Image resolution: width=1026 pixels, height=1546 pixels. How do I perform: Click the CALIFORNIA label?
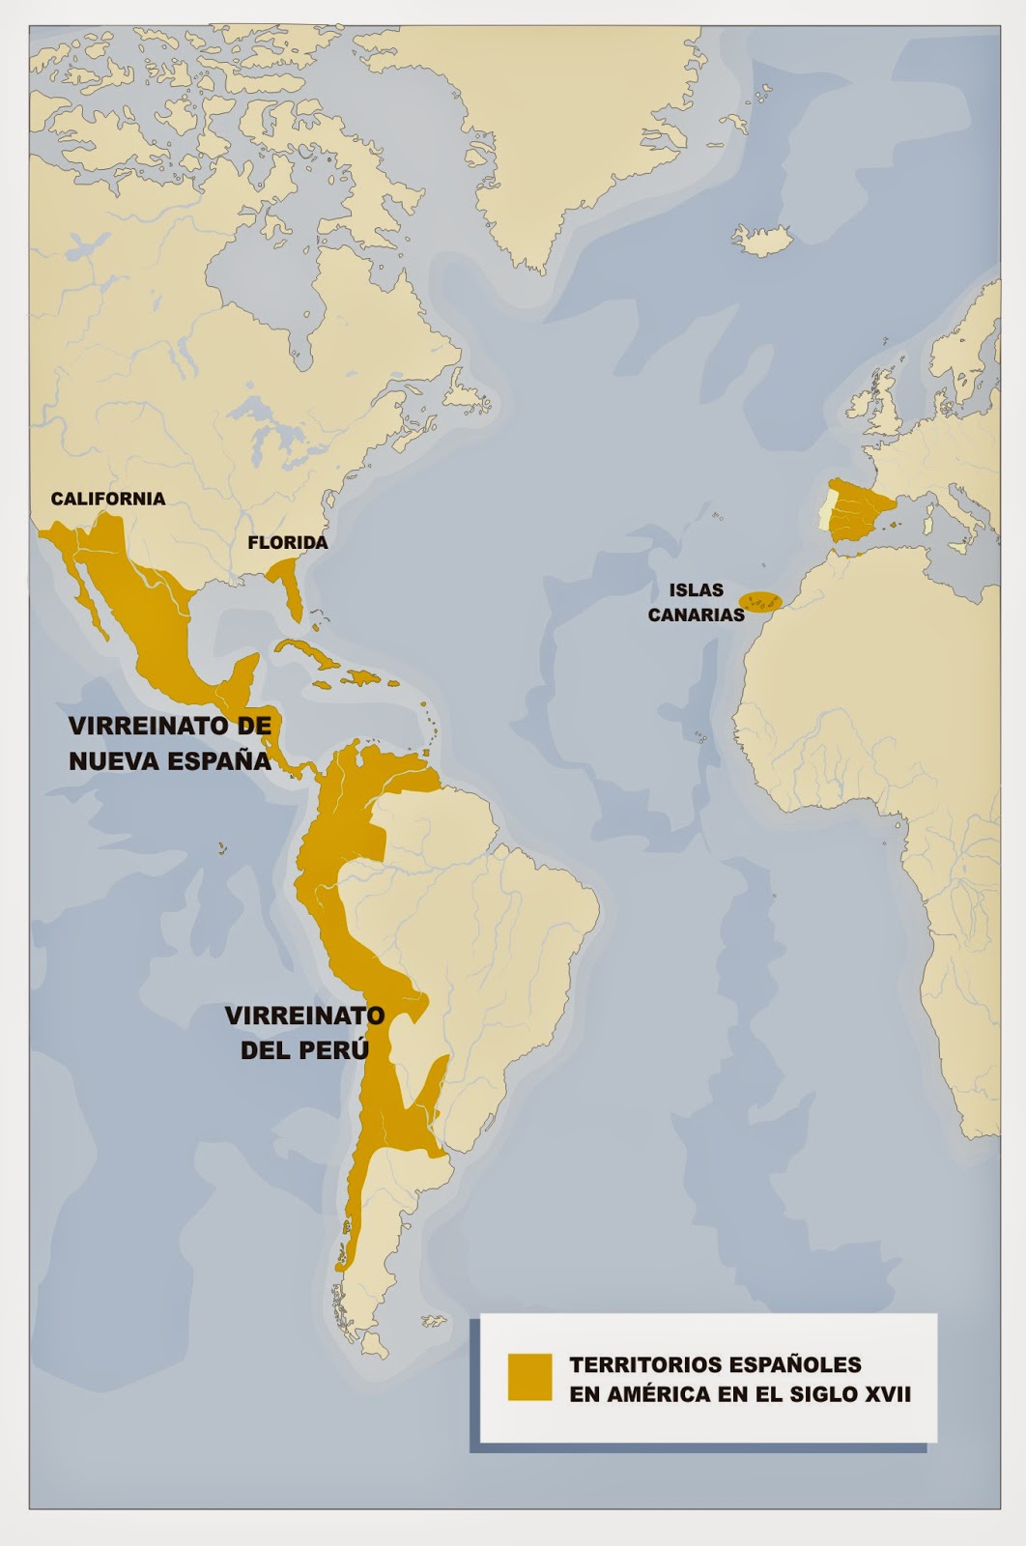[x=108, y=499]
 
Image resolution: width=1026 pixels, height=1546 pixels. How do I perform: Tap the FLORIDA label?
[x=288, y=542]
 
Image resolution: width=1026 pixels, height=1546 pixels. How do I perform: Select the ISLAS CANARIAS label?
[x=696, y=602]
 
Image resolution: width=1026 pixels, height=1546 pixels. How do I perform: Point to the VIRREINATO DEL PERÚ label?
[x=304, y=1032]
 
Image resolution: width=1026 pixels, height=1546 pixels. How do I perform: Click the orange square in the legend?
[x=530, y=1376]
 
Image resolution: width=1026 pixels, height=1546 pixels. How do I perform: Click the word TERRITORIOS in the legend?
[x=644, y=1364]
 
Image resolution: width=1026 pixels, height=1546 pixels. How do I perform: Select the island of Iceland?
[x=761, y=236]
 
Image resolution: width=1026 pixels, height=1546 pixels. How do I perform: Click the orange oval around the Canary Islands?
[x=759, y=602]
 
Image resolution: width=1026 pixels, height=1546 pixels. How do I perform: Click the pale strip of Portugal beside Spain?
[x=825, y=510]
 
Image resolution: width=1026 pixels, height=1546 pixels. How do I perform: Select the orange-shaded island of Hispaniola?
[x=361, y=678]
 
